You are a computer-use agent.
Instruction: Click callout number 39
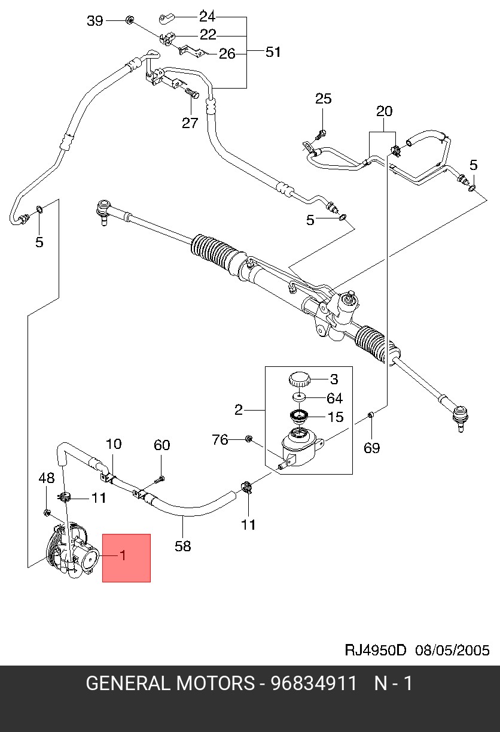click(x=95, y=21)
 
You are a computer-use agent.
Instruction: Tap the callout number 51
click(x=273, y=52)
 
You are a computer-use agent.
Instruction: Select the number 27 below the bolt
click(x=190, y=123)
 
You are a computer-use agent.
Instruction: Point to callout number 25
click(x=324, y=99)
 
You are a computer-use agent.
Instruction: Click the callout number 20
click(x=384, y=111)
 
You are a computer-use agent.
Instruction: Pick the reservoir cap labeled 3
click(x=299, y=379)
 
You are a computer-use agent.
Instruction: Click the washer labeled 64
click(x=299, y=397)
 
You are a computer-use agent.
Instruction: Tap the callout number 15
click(x=336, y=417)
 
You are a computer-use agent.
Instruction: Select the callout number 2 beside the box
click(x=239, y=410)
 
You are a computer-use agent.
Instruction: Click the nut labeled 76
click(x=249, y=439)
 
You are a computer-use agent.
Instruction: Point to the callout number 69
click(x=371, y=448)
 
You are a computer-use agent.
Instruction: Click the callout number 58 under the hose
click(x=182, y=546)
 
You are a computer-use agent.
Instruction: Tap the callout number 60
click(x=161, y=445)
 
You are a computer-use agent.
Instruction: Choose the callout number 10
click(x=114, y=444)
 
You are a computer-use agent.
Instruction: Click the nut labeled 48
click(x=47, y=513)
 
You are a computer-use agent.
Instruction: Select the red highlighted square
click(x=126, y=558)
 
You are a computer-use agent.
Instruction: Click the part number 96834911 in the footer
click(x=313, y=684)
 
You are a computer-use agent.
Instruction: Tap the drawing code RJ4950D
click(x=375, y=650)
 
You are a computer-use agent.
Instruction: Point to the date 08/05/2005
click(x=452, y=650)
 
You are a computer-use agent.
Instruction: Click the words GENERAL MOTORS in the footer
click(x=170, y=684)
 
